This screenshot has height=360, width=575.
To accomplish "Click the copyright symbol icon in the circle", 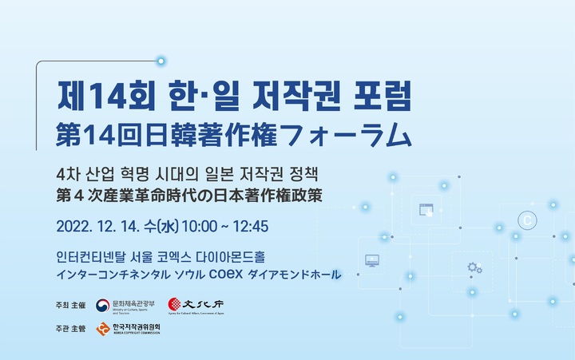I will click(526, 218).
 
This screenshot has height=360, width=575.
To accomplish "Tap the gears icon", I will click(474, 267).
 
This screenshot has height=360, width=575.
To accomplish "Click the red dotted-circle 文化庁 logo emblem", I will click(175, 305).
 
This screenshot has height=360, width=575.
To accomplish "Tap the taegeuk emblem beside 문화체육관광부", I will click(102, 305).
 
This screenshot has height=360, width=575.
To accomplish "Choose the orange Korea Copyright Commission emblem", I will click(102, 329).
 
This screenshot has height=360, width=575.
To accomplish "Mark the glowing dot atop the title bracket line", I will click(161, 61).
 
